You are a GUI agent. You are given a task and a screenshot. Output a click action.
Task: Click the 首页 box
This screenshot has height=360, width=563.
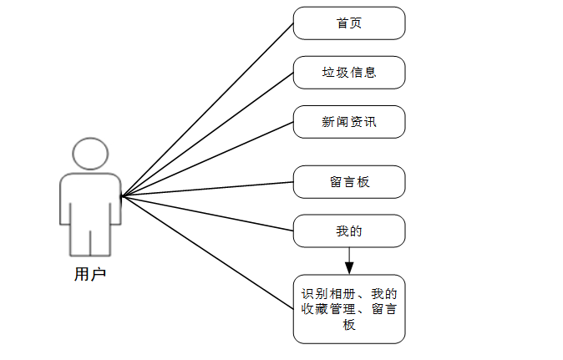(x=349, y=23)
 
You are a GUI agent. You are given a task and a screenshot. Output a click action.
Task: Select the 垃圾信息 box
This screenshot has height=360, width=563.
(x=349, y=73)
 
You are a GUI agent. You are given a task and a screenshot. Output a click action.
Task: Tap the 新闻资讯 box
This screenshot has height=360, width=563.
(x=349, y=122)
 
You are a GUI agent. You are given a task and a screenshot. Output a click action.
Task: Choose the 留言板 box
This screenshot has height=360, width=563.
(x=349, y=182)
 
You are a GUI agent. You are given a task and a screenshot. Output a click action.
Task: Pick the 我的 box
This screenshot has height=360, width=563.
(x=349, y=231)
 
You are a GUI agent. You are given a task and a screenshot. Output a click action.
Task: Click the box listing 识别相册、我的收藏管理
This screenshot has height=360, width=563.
(x=349, y=309)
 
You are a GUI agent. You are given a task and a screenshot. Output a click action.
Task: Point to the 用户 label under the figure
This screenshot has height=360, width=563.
(x=90, y=273)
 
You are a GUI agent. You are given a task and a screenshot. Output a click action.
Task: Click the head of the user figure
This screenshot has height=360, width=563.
(x=90, y=155)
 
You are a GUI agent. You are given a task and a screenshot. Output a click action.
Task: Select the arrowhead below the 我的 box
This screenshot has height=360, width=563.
(x=349, y=267)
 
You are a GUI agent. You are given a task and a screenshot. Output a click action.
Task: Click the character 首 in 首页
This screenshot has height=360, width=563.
(x=342, y=23)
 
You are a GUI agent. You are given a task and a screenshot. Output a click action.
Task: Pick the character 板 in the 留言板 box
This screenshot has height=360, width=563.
(x=363, y=182)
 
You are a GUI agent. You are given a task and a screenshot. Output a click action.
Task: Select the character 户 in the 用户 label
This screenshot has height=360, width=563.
(x=99, y=273)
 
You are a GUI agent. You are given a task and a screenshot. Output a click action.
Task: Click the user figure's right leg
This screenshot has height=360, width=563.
(x=101, y=238)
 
